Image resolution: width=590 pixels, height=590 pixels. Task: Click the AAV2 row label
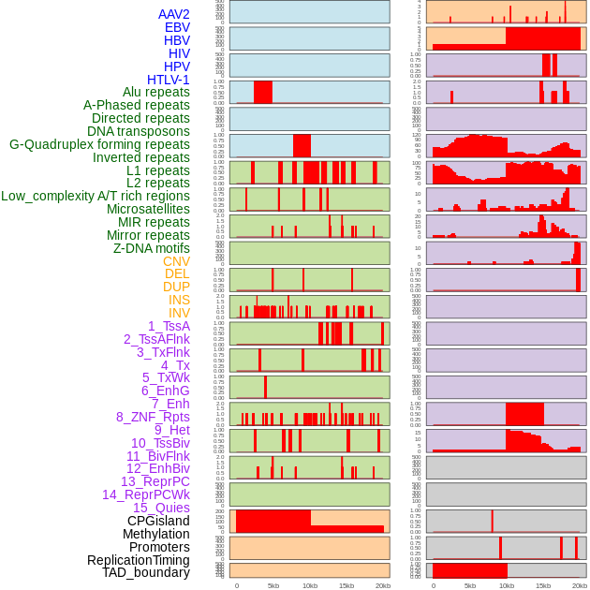174,14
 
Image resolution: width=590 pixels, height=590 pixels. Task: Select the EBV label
177,27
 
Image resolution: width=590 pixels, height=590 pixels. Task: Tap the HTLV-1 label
169,80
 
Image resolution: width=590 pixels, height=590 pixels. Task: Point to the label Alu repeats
151,93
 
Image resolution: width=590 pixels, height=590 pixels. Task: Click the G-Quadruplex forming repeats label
99,144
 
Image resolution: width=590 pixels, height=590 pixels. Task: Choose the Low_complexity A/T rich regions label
96,196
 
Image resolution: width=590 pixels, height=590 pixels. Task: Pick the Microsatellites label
148,209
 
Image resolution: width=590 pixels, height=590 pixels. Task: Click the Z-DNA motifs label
152,248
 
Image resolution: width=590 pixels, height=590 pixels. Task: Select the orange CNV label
176,261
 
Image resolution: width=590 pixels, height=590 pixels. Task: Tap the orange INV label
179,313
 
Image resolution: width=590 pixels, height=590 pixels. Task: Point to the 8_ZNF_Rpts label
153,417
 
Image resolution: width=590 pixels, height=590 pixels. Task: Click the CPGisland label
158,521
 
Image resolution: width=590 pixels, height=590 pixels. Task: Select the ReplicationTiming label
139,560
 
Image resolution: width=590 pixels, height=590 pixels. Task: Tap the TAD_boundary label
146,572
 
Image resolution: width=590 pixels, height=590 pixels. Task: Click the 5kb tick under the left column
273,585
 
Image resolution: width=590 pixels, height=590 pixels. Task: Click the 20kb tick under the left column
382,585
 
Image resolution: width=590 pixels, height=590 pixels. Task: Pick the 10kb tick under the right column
507,585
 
